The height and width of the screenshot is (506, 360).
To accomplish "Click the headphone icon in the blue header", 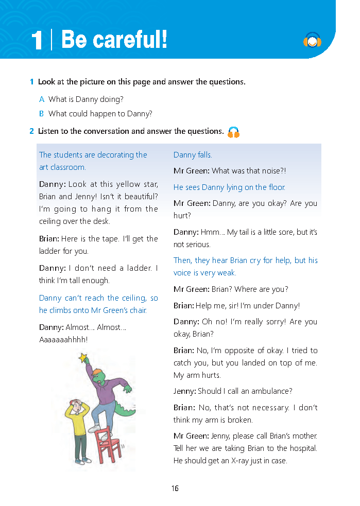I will [x=312, y=40].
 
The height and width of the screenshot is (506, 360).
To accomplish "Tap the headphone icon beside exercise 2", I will [x=234, y=132].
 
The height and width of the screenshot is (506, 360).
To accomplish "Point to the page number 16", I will [x=175, y=488].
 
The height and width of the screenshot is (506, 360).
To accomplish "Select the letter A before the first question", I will [x=42, y=99].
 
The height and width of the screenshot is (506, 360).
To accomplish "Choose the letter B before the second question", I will [x=42, y=114].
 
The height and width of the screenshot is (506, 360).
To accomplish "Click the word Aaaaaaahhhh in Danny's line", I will [x=63, y=340].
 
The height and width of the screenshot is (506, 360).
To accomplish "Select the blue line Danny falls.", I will [x=193, y=155].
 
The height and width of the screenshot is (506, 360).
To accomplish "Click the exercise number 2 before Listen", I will [x=32, y=131].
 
